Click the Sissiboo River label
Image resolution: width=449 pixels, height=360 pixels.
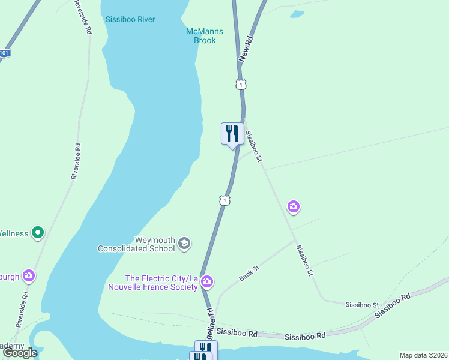pos(130,19)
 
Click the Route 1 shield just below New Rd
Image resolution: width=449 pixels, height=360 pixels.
pos(240,85)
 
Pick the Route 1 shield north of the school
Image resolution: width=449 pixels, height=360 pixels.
pos(224,200)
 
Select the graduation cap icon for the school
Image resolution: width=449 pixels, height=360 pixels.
pos(184,243)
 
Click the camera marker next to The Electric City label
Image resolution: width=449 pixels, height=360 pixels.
pos(207,281)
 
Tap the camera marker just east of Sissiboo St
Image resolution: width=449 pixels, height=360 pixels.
pos(293,208)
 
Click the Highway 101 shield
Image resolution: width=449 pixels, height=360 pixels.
pos(4,53)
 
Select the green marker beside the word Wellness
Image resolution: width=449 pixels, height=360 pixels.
pos(38,232)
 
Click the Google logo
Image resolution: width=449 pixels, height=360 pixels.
pos(20,353)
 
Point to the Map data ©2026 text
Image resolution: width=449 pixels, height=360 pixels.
pos(423,355)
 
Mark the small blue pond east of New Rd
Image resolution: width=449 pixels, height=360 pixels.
pos(297,14)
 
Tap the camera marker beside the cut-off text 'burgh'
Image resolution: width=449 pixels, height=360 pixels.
pos(28,275)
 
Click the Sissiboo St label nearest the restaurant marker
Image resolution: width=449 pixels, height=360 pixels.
pos(254,145)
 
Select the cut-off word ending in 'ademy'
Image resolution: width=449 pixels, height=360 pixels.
pos(11,346)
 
